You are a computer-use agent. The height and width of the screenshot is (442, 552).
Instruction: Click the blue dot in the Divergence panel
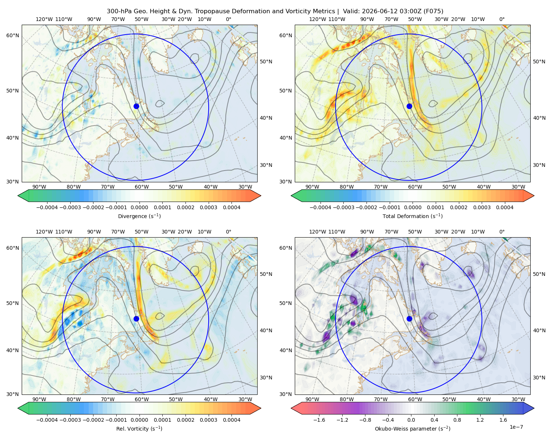pyautogui.click(x=136, y=106)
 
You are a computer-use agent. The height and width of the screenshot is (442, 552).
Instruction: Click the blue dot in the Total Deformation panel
pyautogui.click(x=409, y=106)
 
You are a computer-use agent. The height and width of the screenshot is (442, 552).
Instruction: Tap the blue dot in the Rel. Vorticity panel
pyautogui.click(x=136, y=319)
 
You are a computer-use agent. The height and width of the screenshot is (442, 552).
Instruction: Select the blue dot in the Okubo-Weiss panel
pyautogui.click(x=409, y=319)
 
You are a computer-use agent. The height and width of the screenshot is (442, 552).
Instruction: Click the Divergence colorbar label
pyautogui.click(x=139, y=216)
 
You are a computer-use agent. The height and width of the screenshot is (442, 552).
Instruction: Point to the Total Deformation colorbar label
pyautogui.click(x=413, y=216)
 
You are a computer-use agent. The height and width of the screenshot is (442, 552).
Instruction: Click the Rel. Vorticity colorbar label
pyautogui.click(x=139, y=429)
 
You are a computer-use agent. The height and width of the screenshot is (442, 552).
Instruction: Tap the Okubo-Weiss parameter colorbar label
pyautogui.click(x=413, y=429)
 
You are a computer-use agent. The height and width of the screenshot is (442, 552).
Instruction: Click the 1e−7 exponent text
pyautogui.click(x=516, y=427)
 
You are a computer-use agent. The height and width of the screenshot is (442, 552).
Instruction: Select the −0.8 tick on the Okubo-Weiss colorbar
pyautogui.click(x=365, y=420)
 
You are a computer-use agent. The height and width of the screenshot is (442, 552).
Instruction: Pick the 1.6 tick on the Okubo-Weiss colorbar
pyautogui.click(x=503, y=420)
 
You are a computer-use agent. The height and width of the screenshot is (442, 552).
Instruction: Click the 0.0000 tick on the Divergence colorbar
pyautogui.click(x=139, y=207)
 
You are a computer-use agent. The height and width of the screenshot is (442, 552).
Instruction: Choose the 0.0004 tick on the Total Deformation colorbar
pyautogui.click(x=505, y=207)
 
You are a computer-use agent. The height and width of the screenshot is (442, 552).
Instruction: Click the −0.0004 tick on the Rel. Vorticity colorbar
pyautogui.click(x=47, y=420)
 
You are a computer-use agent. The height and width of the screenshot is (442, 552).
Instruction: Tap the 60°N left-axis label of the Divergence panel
pyautogui.click(x=13, y=35)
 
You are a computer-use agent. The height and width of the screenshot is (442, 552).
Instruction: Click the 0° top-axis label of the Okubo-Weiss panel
pyautogui.click(x=502, y=232)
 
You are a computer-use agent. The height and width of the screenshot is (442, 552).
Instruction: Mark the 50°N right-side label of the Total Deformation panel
pyautogui.click(x=539, y=62)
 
